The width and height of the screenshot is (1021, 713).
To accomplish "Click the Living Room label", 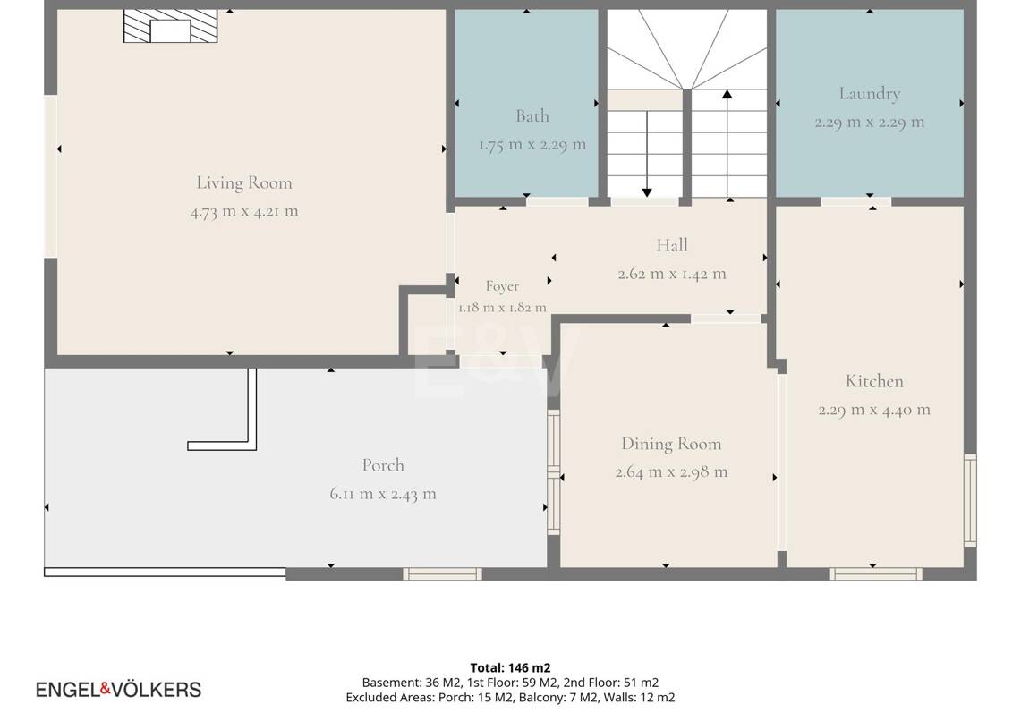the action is click(x=244, y=183).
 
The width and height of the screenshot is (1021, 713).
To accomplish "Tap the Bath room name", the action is click(x=532, y=116).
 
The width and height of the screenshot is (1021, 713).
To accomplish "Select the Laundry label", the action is click(x=869, y=95).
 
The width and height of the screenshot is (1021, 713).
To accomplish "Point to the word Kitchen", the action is click(x=874, y=381).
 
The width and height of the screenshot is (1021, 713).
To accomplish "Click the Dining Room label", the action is click(x=671, y=444).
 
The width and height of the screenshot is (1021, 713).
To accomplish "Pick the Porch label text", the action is click(x=383, y=465).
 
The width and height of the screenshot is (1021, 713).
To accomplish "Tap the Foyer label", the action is click(x=502, y=286).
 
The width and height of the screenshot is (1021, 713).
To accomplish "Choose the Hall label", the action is click(x=671, y=245).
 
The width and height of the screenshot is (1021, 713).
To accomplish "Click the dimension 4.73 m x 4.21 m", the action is click(x=244, y=212).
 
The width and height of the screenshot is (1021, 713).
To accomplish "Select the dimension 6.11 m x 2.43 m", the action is click(x=383, y=494).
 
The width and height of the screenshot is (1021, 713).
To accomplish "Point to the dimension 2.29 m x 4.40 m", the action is click(x=874, y=410).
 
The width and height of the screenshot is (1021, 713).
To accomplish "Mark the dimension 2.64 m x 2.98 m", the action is click(x=671, y=472).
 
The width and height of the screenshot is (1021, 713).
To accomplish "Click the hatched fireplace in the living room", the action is click(x=171, y=27).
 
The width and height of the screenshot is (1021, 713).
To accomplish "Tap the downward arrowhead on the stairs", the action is click(x=647, y=192).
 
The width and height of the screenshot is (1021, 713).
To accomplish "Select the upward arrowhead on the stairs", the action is click(x=727, y=95).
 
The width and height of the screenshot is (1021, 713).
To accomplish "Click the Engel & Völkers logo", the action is click(x=118, y=690).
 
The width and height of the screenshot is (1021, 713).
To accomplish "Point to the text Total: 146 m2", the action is click(x=510, y=667).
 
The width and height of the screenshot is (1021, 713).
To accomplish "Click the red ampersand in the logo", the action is click(x=106, y=689).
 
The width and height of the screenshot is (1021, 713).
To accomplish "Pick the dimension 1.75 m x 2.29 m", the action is click(x=532, y=145).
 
